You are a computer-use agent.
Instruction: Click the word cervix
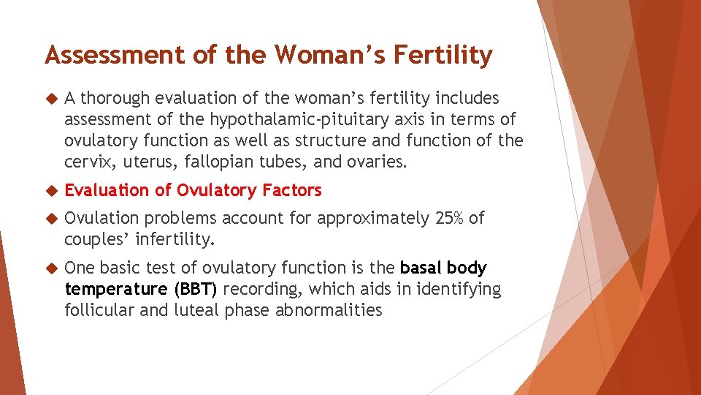(x=86, y=162)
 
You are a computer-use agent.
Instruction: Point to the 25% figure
(x=446, y=218)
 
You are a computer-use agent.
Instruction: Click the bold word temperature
(x=115, y=290)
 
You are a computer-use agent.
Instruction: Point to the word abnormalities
(x=329, y=310)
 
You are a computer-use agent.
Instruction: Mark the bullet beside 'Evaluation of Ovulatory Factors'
(x=50, y=191)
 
